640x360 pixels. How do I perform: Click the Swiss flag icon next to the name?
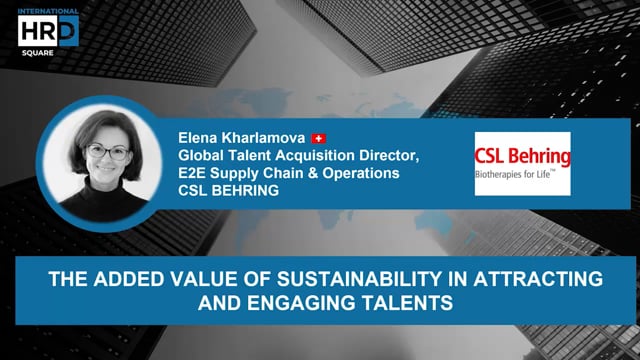(x=320, y=137)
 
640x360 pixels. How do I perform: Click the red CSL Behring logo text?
(x=522, y=156)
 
